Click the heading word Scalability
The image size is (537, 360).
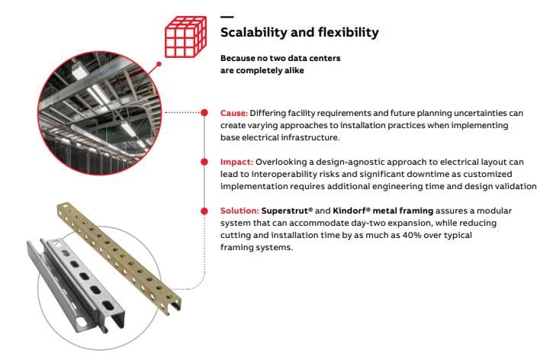[x=254, y=33]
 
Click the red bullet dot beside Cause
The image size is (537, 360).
[x=204, y=113]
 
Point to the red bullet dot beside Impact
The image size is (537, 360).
[x=204, y=162]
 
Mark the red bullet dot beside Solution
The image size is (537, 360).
[x=204, y=211]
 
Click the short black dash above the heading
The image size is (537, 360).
[x=227, y=17]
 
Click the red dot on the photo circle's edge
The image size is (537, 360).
[x=159, y=65]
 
